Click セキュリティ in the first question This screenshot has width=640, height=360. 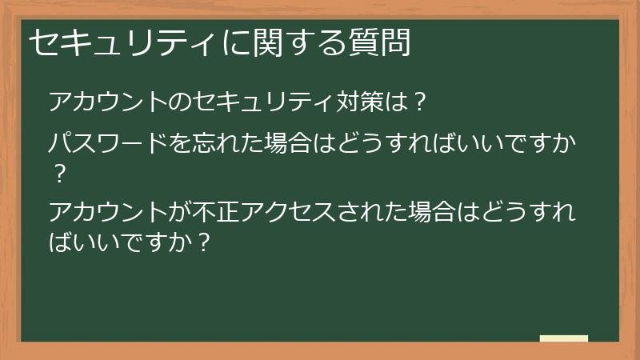pos(258,102)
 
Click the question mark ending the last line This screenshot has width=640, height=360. pos(204,241)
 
